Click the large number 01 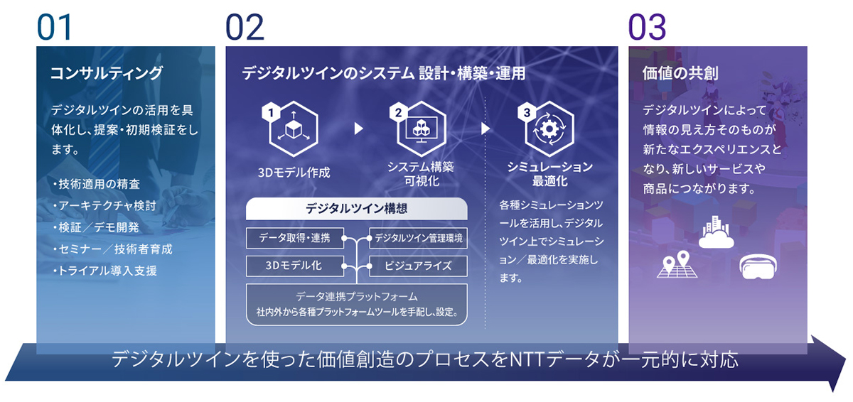pyautogui.click(x=55, y=27)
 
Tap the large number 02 pyautogui.click(x=245, y=27)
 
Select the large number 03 pyautogui.click(x=647, y=27)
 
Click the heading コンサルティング pyautogui.click(x=107, y=73)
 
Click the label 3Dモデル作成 pyautogui.click(x=294, y=173)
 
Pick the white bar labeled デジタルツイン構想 pyautogui.click(x=356, y=209)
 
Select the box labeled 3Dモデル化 pyautogui.click(x=294, y=266)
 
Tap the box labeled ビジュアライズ pyautogui.click(x=419, y=266)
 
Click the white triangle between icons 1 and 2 pyautogui.click(x=358, y=129)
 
